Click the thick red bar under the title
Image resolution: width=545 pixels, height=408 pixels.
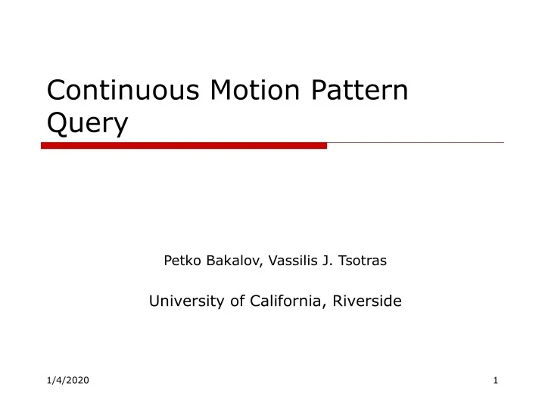(x=184, y=146)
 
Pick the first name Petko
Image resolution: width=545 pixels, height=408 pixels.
(x=179, y=261)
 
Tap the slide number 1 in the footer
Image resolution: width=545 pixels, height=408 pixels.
(x=495, y=379)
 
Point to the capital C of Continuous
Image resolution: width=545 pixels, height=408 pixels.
(x=57, y=91)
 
